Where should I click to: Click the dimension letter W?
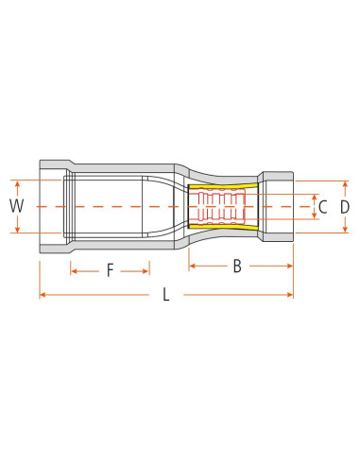tap(15, 206)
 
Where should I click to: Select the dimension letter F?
tap(110, 271)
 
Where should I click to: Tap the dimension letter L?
tap(166, 295)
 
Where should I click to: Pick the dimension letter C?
tap(322, 206)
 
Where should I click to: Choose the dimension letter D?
tap(345, 206)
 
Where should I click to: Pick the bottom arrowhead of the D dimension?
tap(345, 230)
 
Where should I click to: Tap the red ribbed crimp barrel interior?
tap(224, 206)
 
